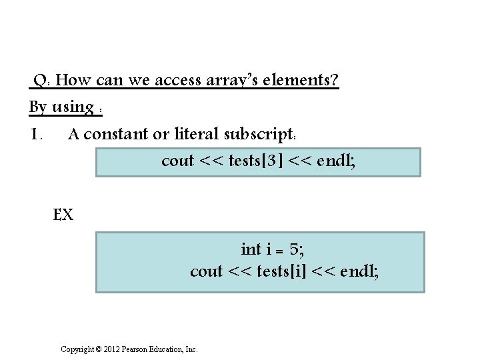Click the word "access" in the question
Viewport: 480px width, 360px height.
click(x=179, y=81)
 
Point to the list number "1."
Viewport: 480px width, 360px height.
click(x=37, y=134)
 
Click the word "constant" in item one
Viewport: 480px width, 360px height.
click(x=117, y=134)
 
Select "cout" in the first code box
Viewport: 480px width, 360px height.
click(x=178, y=161)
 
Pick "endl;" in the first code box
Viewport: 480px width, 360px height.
click(x=337, y=161)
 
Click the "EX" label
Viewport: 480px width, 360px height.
click(x=63, y=215)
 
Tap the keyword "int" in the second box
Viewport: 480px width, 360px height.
click(x=251, y=249)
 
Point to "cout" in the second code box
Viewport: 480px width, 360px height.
click(x=206, y=271)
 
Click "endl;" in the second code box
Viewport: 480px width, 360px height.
click(x=360, y=271)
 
